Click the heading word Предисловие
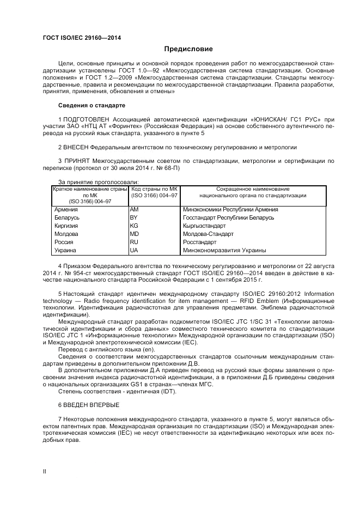(x=188, y=50)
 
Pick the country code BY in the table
(x=134, y=217)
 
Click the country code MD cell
(x=135, y=234)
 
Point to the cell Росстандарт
(x=200, y=242)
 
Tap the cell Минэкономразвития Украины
(x=224, y=250)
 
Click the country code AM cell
(x=135, y=209)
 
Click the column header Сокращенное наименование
(x=253, y=189)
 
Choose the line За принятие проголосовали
(x=98, y=182)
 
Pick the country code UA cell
(x=134, y=250)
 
